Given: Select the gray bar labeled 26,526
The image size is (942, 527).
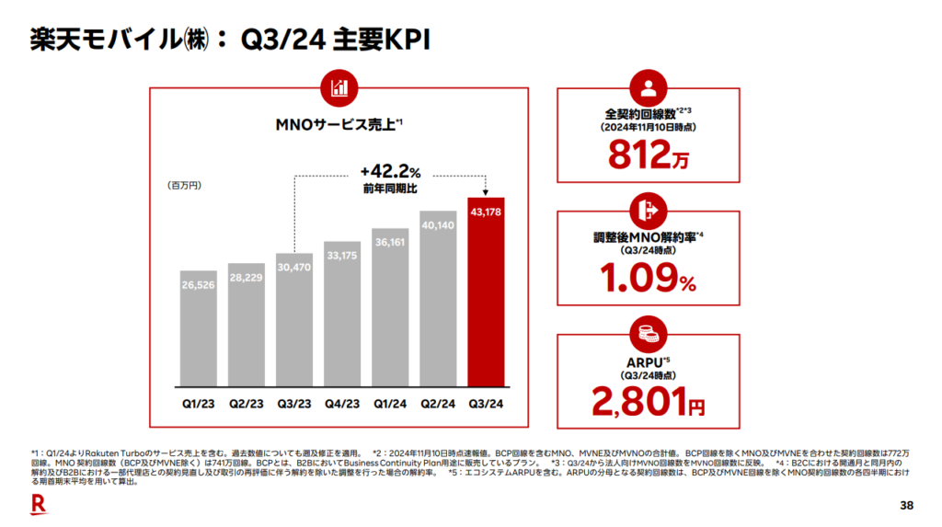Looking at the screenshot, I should (x=199, y=331).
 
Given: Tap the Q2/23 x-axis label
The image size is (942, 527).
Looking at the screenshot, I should (x=247, y=402).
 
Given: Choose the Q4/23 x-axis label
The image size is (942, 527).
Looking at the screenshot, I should (x=342, y=402).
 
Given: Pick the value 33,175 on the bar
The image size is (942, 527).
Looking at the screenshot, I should (x=342, y=255).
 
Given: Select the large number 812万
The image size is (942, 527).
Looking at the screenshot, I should (x=649, y=157).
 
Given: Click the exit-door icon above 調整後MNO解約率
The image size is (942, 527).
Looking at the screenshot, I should (x=649, y=210).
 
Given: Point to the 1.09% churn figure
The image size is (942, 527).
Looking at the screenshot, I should (x=649, y=276).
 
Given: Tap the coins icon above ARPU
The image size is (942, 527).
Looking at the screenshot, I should (x=649, y=333).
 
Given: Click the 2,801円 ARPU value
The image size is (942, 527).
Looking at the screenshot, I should (x=649, y=401).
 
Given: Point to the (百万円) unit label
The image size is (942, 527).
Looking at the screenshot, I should (x=185, y=185).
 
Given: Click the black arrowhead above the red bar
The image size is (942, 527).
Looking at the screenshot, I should (x=486, y=190).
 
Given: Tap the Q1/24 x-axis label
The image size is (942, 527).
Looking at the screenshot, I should (x=390, y=402).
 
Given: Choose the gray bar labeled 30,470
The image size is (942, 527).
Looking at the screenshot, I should (x=294, y=322).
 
